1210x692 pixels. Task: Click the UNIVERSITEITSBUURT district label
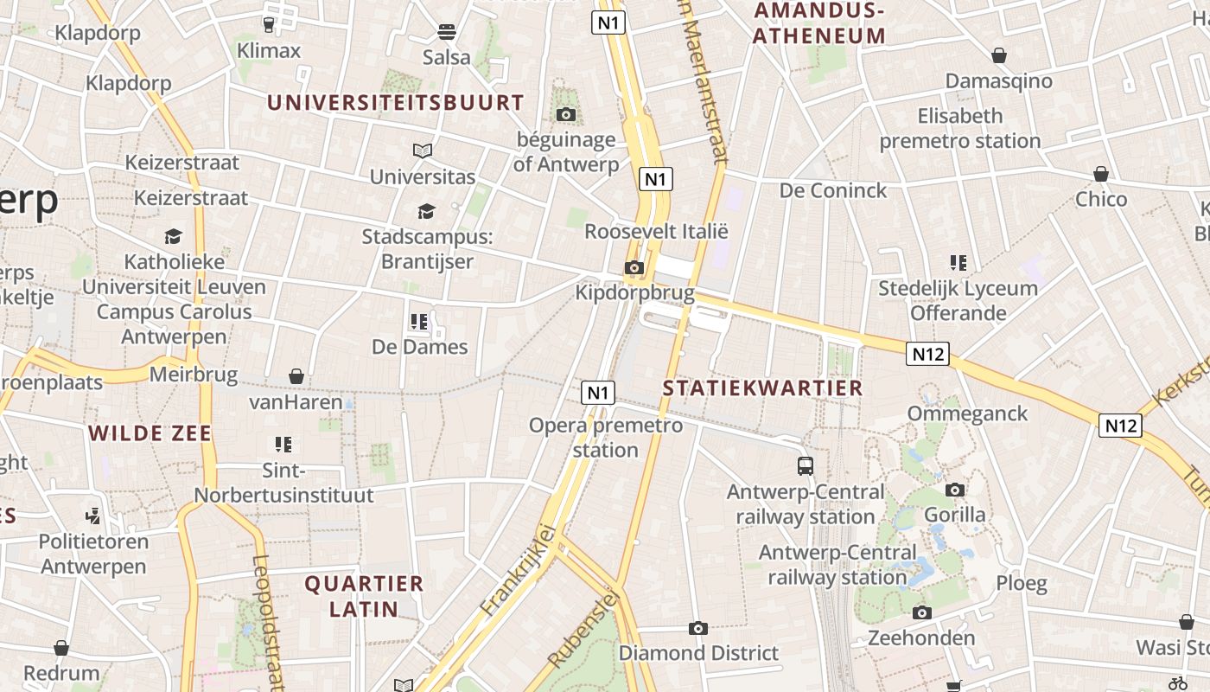(395, 102)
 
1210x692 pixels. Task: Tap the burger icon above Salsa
(447, 33)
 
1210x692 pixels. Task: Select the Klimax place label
(269, 50)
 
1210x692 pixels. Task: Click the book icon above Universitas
(423, 151)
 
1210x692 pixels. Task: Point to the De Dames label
(419, 347)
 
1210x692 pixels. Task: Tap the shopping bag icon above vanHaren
(296, 376)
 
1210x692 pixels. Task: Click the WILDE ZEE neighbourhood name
(150, 433)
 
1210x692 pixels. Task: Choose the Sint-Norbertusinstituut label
(283, 483)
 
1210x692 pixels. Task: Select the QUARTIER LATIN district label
(364, 596)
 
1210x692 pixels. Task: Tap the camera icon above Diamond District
(698, 628)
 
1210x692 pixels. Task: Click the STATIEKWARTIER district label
(762, 388)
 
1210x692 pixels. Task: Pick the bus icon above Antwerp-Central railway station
(806, 466)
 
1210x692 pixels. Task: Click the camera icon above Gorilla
(955, 490)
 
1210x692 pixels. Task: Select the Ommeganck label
(967, 413)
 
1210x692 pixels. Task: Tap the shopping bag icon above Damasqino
(999, 55)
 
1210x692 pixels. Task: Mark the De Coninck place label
(833, 190)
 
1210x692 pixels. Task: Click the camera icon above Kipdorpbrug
(634, 268)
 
